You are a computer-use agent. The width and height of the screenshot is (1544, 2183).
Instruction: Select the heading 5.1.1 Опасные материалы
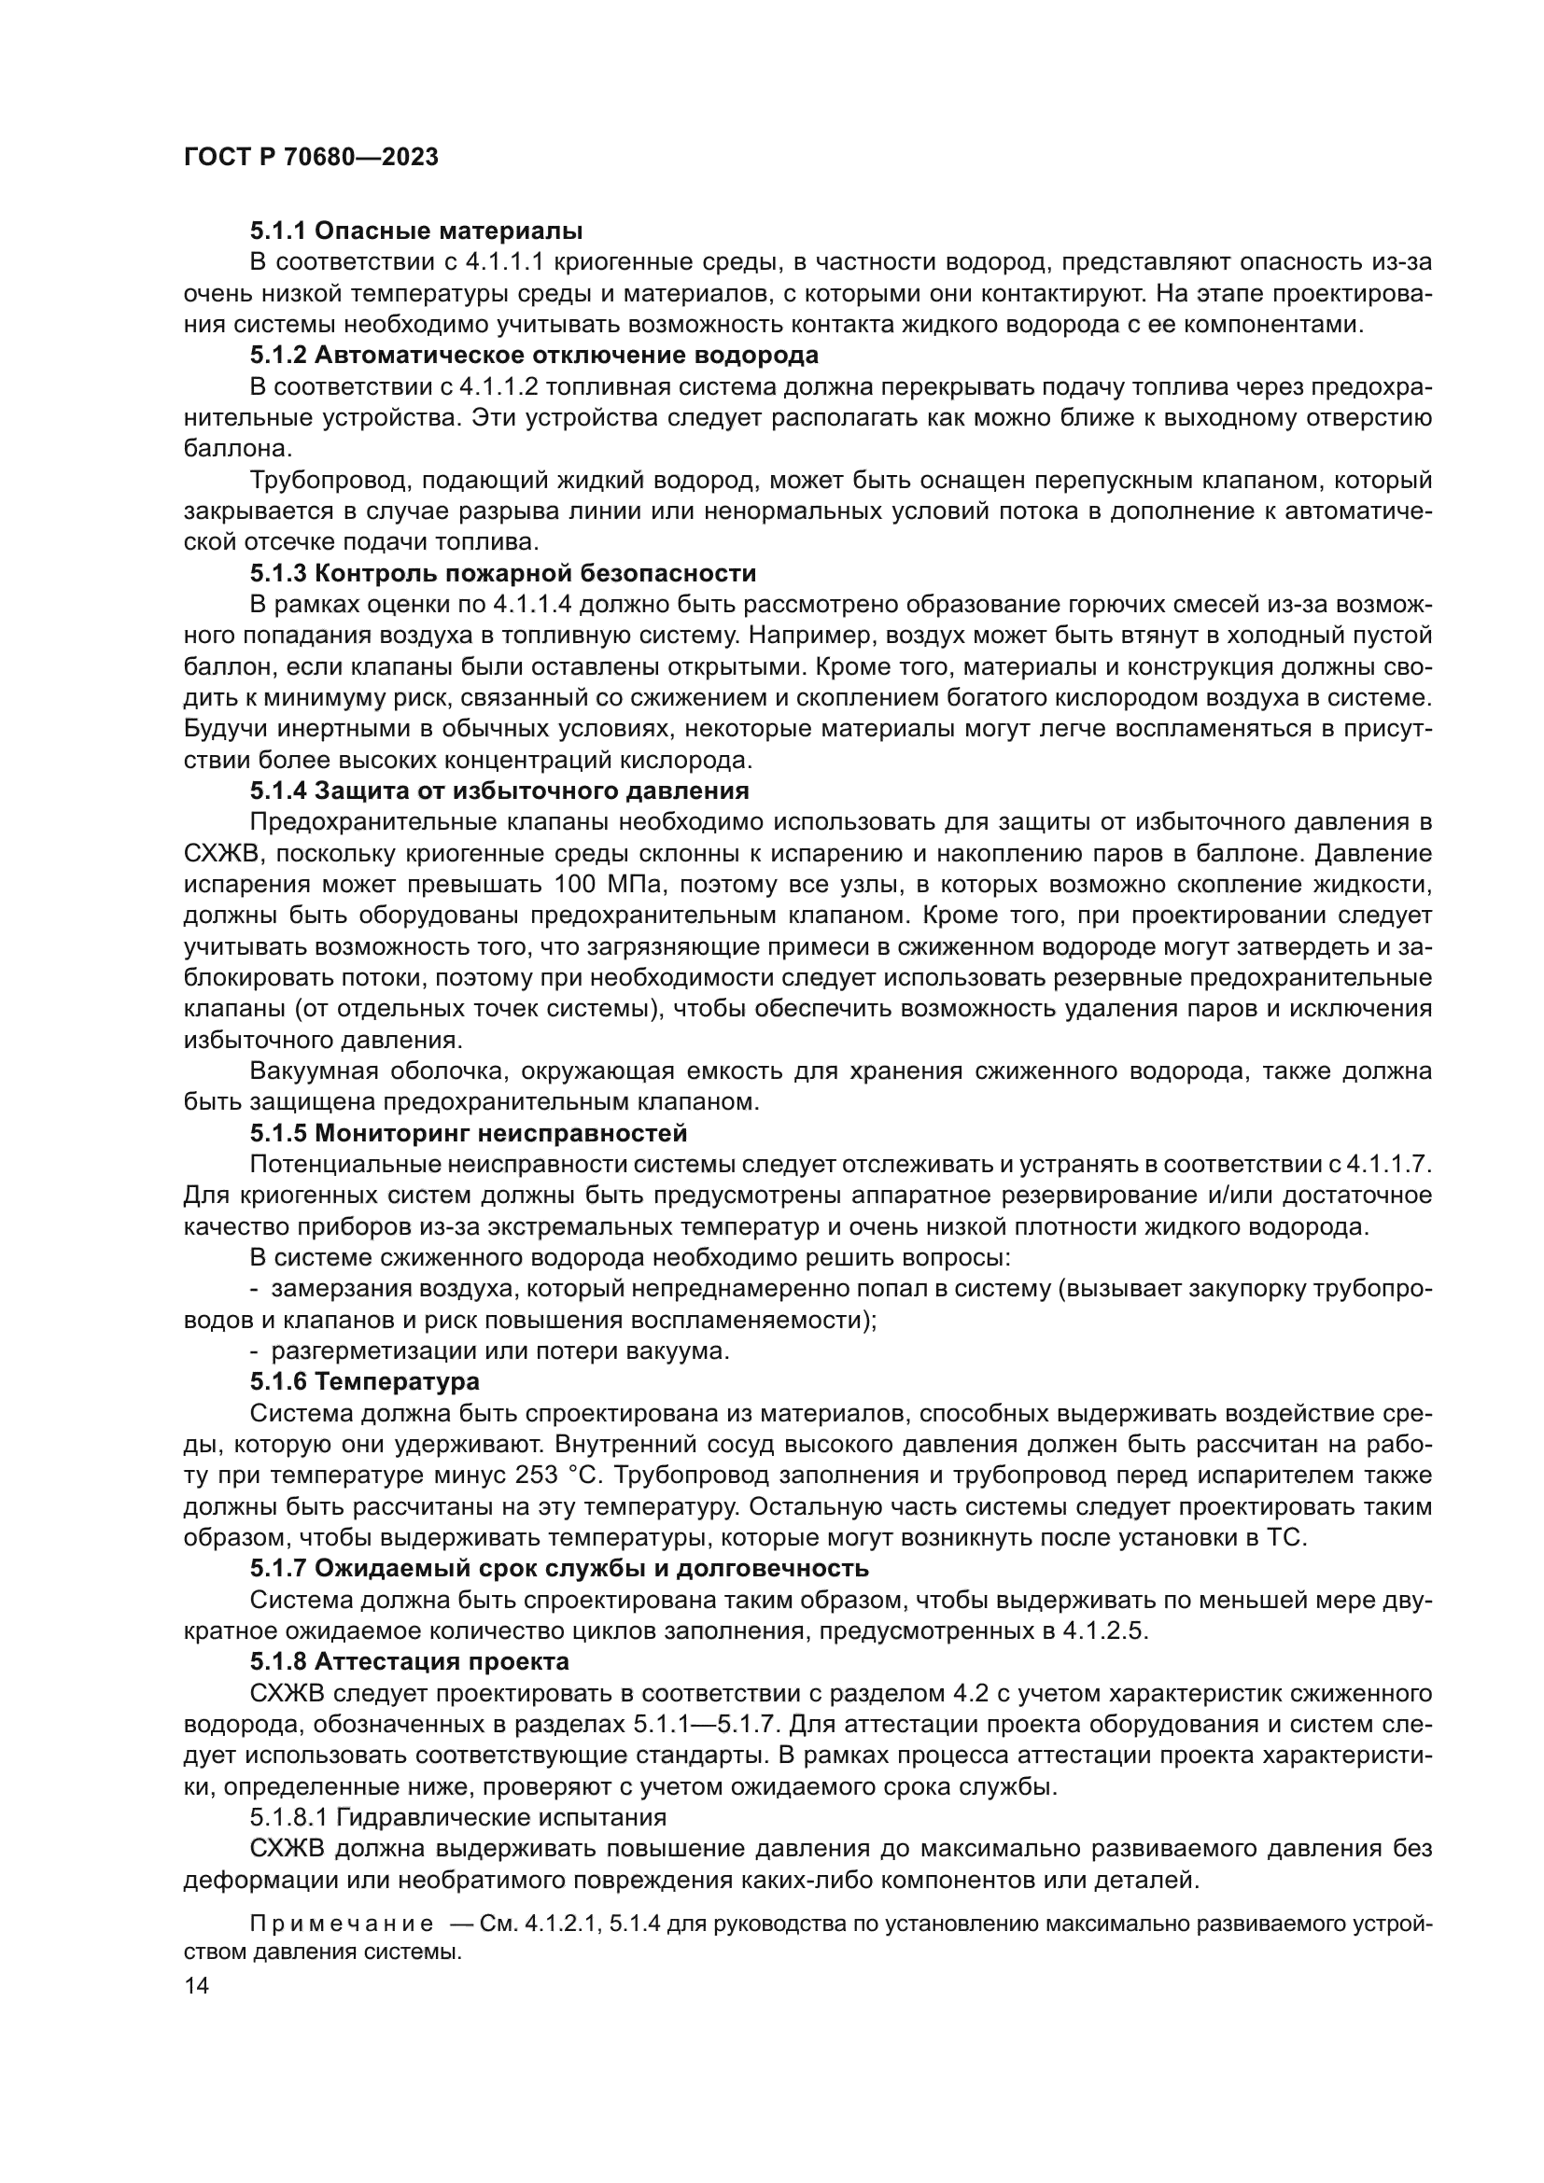[416, 231]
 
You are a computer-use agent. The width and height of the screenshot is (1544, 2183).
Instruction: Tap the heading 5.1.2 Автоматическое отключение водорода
[534, 356]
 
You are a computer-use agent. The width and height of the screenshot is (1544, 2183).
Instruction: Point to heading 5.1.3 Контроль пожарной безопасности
[503, 573]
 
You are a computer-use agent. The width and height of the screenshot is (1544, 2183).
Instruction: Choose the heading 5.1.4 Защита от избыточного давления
[500, 791]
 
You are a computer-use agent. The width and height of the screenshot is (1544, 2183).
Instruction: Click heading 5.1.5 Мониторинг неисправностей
[469, 1133]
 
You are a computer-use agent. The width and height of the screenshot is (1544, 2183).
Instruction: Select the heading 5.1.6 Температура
[365, 1380]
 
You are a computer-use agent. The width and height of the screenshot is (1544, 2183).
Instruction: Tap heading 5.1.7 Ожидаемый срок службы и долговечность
[560, 1568]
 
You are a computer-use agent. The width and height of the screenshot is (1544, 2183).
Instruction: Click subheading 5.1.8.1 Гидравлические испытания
[458, 1817]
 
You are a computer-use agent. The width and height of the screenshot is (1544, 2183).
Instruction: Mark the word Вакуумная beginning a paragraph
[313, 1071]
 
